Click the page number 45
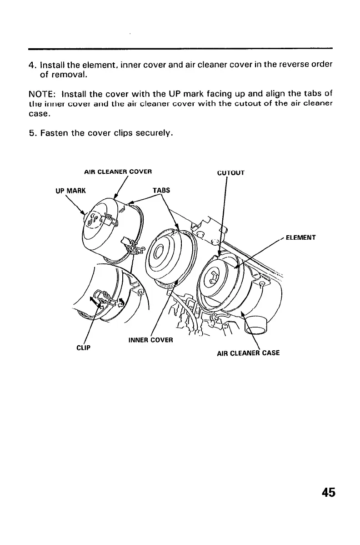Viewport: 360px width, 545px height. [x=328, y=493]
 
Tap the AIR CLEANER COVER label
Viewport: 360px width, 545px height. [x=118, y=172]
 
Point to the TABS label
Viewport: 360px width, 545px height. [x=161, y=191]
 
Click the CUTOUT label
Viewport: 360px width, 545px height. [x=231, y=173]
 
